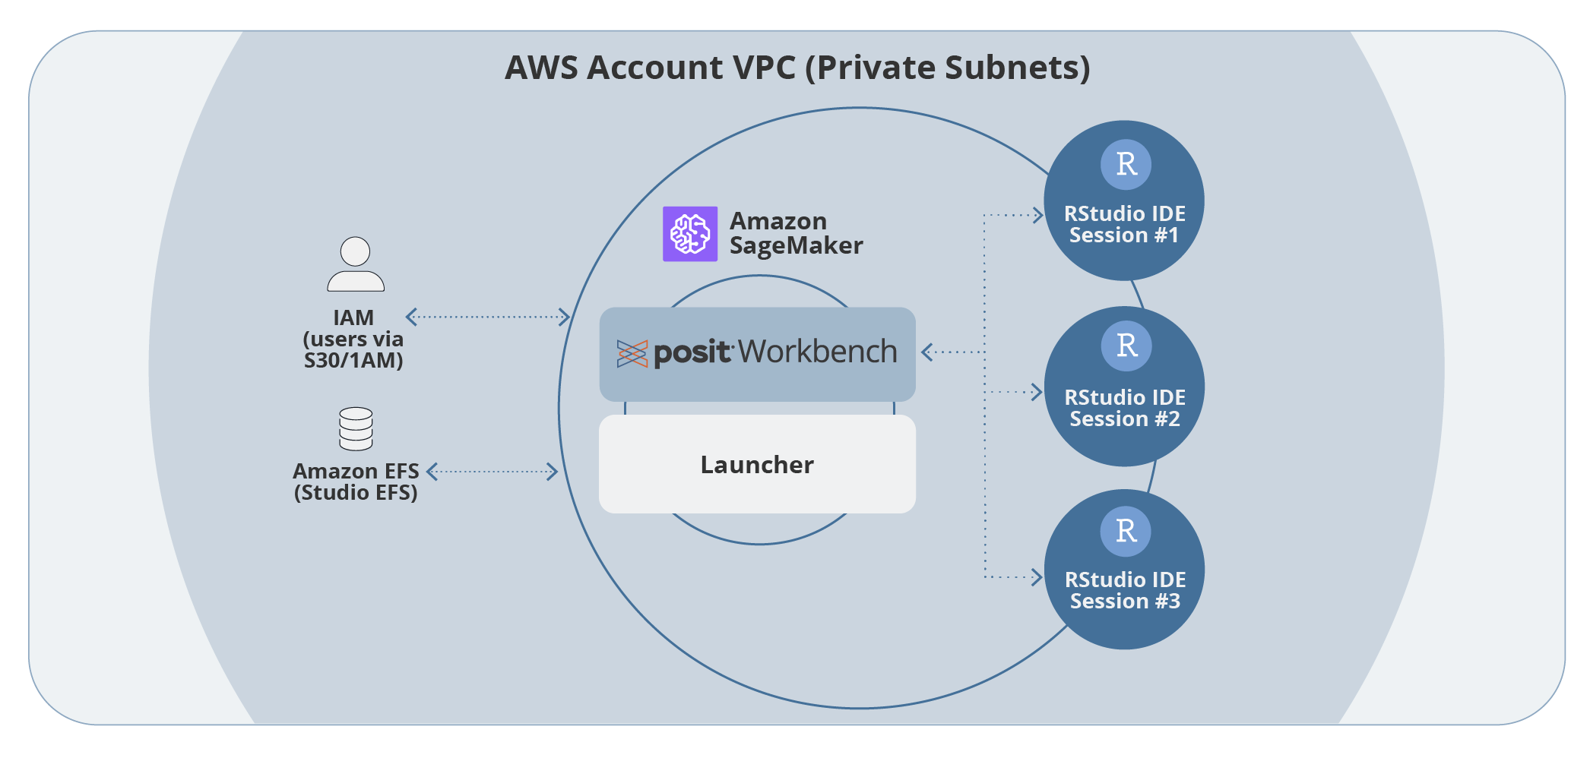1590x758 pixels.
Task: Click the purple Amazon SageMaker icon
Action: click(x=690, y=234)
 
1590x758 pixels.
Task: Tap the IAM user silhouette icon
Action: click(x=356, y=264)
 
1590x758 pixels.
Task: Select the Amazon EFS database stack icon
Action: click(x=356, y=429)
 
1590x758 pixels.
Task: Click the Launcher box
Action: click(x=757, y=464)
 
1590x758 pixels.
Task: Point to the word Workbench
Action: click(x=818, y=352)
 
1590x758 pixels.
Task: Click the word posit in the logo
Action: click(x=692, y=352)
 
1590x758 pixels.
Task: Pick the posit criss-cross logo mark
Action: click(x=632, y=354)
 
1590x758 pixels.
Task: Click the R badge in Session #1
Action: click(x=1126, y=164)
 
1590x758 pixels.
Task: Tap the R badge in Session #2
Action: click(x=1126, y=346)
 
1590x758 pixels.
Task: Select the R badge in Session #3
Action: click(x=1126, y=531)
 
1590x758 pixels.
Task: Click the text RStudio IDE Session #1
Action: click(x=1124, y=224)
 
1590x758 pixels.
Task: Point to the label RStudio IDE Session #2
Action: click(x=1125, y=408)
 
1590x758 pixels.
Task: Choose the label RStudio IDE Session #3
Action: click(x=1125, y=590)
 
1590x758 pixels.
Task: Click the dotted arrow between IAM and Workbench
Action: click(x=488, y=317)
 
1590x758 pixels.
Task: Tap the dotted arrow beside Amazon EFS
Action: click(x=493, y=472)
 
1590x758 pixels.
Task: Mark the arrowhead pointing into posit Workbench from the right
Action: click(x=926, y=352)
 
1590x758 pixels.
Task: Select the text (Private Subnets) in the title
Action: click(x=948, y=68)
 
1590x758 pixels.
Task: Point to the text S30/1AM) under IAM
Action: click(x=353, y=360)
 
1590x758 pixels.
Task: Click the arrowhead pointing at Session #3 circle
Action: click(x=1037, y=577)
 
